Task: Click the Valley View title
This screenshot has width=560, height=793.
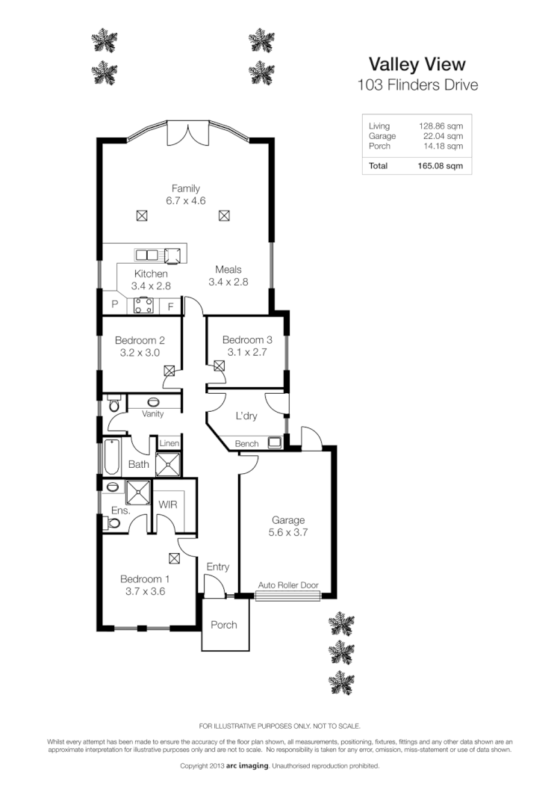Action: (x=417, y=64)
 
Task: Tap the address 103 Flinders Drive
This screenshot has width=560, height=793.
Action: (x=417, y=84)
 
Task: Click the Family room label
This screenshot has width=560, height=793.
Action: (x=186, y=188)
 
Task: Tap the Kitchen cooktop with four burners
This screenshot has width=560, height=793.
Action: (x=143, y=305)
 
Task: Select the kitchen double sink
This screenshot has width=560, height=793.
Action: (x=147, y=254)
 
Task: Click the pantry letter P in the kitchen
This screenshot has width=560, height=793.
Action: (x=115, y=305)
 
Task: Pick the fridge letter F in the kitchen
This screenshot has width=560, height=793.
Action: (x=170, y=306)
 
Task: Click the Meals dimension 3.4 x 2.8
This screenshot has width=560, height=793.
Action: (x=228, y=282)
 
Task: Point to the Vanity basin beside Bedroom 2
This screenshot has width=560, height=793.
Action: (x=153, y=402)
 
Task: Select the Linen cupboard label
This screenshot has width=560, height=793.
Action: (x=169, y=444)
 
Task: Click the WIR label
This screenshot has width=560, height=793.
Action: (x=168, y=504)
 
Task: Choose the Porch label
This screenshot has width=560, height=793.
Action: (x=223, y=624)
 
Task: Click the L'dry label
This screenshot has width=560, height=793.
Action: (x=246, y=416)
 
